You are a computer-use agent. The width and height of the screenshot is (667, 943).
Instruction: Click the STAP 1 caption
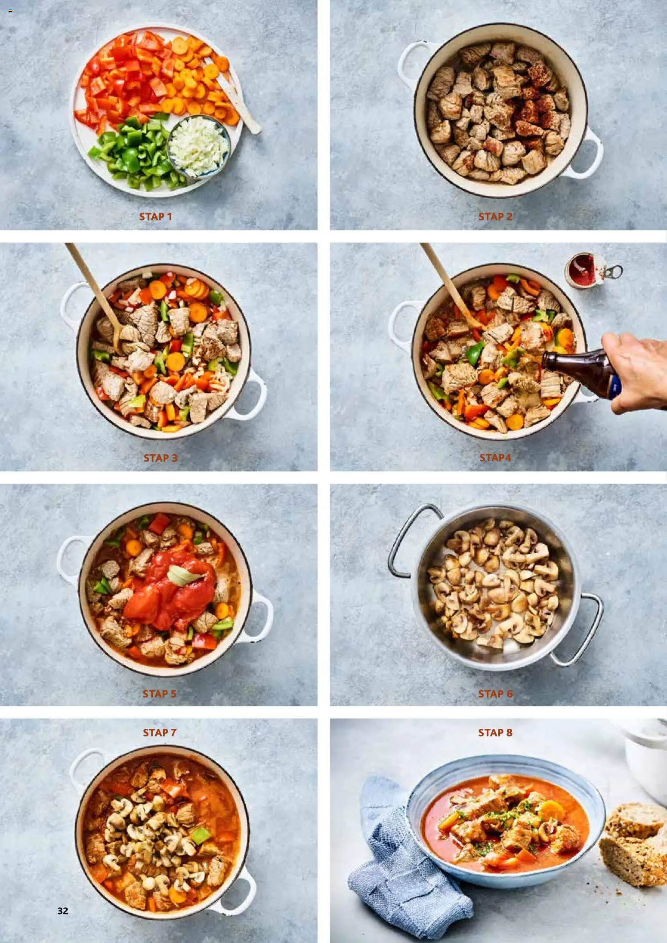tap(155, 217)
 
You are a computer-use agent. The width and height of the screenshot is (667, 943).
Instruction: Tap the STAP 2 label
tap(495, 217)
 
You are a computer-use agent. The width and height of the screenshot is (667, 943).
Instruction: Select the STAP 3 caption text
tap(160, 458)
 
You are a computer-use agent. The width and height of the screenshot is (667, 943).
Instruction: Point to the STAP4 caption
tap(495, 458)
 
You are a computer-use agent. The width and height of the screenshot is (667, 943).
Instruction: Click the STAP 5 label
tap(159, 693)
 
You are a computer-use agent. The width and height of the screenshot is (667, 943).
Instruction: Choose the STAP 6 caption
tap(495, 693)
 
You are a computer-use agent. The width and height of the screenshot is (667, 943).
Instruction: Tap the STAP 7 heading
tap(160, 732)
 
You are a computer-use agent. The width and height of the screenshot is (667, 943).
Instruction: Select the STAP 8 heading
tap(495, 732)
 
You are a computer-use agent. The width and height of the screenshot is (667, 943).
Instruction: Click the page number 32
tap(63, 911)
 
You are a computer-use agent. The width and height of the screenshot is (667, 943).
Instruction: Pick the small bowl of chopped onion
tap(198, 147)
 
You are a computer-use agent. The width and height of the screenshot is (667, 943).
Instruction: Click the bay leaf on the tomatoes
tap(184, 575)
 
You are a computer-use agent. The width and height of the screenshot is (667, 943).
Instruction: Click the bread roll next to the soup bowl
tap(634, 844)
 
